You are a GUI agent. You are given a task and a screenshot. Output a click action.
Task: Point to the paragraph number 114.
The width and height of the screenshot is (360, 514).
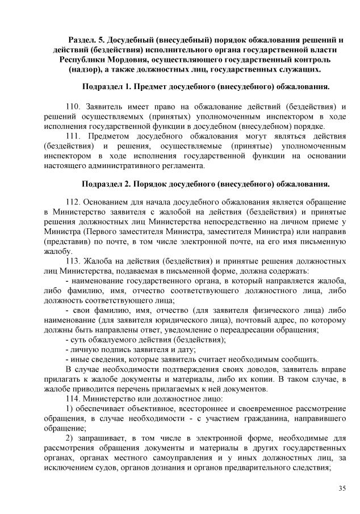pos(74,400)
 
